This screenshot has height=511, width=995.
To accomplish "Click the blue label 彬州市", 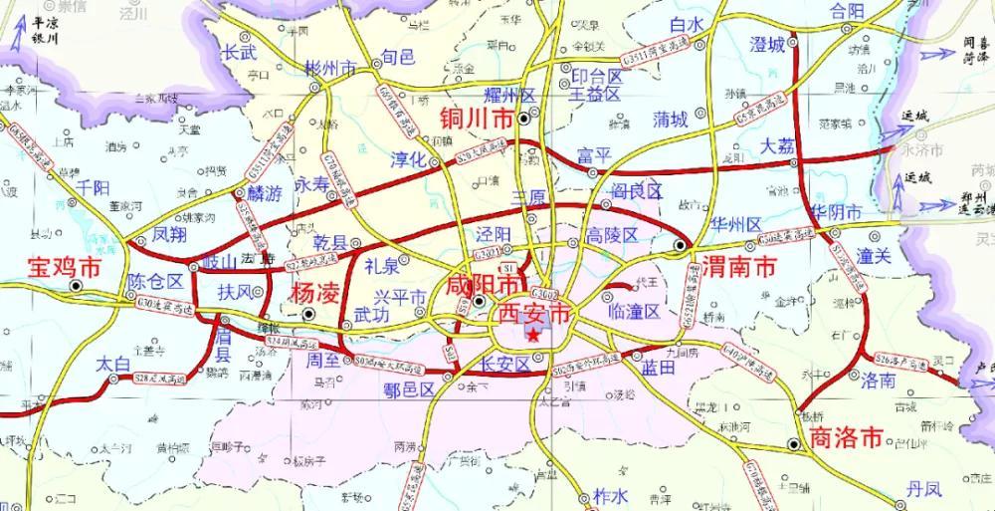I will (331, 69).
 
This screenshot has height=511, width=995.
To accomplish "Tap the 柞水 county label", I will (610, 495).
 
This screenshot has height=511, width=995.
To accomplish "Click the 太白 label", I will (113, 365).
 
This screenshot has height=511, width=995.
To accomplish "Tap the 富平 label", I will (594, 154).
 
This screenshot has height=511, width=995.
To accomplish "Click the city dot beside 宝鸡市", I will (78, 285).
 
